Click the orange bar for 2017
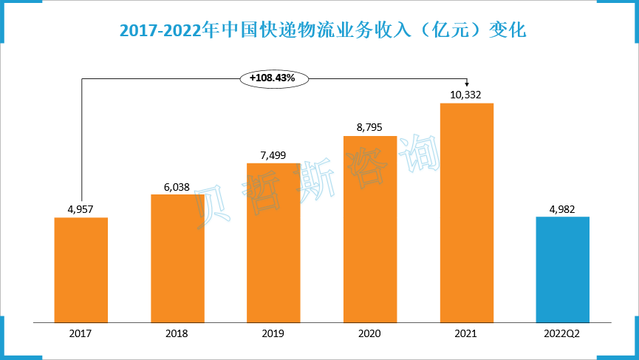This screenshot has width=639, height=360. (x=81, y=270)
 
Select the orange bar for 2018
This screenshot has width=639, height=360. (x=177, y=258)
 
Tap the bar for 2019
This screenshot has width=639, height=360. (x=273, y=242)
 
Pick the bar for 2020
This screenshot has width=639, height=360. (x=370, y=229)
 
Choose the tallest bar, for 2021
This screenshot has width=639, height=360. (x=466, y=213)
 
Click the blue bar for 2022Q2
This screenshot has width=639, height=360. (x=562, y=269)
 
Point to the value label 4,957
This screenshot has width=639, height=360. (x=81, y=208)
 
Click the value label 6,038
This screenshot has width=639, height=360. (x=177, y=186)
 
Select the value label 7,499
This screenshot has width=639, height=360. (x=273, y=154)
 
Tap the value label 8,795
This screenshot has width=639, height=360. (x=370, y=127)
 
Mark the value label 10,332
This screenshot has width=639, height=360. (x=466, y=94)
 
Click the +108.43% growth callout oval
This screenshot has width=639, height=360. (x=273, y=77)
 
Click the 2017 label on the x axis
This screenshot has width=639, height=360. (x=81, y=333)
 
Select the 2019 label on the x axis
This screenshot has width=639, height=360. (x=273, y=333)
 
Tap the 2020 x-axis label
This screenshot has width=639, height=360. (x=370, y=333)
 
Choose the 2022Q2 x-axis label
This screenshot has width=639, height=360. (x=562, y=333)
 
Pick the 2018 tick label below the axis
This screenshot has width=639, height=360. (x=177, y=333)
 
